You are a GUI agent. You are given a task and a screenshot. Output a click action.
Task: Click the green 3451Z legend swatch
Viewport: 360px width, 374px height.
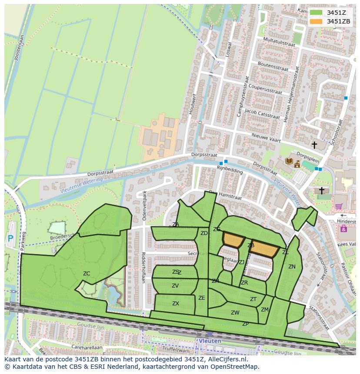tap(316, 12)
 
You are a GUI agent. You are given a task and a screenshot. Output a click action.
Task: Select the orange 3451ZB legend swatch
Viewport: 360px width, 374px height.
tap(316, 21)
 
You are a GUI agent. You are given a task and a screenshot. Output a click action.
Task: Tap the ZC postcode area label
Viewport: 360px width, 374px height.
tap(87, 273)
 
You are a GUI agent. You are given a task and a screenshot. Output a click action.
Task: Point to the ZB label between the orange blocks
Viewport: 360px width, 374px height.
tap(251, 245)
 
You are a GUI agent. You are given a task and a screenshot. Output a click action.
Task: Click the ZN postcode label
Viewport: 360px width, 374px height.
tap(292, 267)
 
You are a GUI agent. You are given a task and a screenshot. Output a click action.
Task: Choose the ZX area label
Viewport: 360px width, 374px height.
tap(176, 304)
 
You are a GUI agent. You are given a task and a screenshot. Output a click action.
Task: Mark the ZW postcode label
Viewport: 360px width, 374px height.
tap(235, 312)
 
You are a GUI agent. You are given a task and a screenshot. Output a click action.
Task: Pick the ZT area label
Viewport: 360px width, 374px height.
tap(253, 299)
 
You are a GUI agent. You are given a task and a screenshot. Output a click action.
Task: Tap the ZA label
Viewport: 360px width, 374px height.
tap(176, 225)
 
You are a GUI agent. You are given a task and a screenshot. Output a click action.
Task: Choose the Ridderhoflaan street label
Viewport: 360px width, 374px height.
tap(143, 268)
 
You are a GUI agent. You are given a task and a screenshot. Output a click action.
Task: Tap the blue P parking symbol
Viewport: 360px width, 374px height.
tap(10, 238)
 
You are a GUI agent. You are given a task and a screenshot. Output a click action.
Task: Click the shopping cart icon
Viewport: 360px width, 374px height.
tap(339, 206)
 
